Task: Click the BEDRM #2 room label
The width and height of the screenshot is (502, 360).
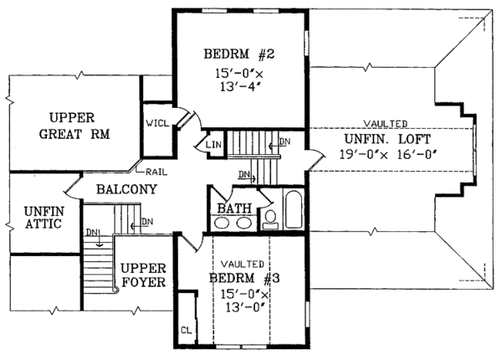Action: (239, 54)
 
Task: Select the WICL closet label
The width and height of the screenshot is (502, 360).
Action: (157, 123)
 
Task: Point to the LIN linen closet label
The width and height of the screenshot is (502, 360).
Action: (213, 145)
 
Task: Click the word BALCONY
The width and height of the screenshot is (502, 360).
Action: (127, 189)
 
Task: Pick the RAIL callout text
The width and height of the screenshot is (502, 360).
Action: (156, 172)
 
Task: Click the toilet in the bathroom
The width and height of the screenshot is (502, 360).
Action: (270, 219)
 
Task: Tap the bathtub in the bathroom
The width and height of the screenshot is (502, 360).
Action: (294, 210)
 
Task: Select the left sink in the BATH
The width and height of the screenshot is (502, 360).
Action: (221, 223)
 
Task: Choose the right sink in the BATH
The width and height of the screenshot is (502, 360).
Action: (243, 223)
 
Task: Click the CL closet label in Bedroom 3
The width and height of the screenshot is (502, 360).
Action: (186, 330)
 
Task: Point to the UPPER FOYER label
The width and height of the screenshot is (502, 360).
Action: (143, 275)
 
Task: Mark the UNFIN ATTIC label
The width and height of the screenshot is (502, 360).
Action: (44, 218)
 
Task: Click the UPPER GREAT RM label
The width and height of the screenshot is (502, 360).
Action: (74, 126)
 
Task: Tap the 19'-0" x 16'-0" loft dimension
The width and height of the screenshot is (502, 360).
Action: (388, 155)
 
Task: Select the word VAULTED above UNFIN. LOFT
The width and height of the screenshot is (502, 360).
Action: (386, 124)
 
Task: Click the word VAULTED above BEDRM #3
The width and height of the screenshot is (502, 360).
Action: (243, 265)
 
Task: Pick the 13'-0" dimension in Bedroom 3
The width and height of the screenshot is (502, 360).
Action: (246, 307)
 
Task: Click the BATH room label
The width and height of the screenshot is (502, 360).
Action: (234, 208)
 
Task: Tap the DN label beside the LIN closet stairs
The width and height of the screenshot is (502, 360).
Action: (284, 141)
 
